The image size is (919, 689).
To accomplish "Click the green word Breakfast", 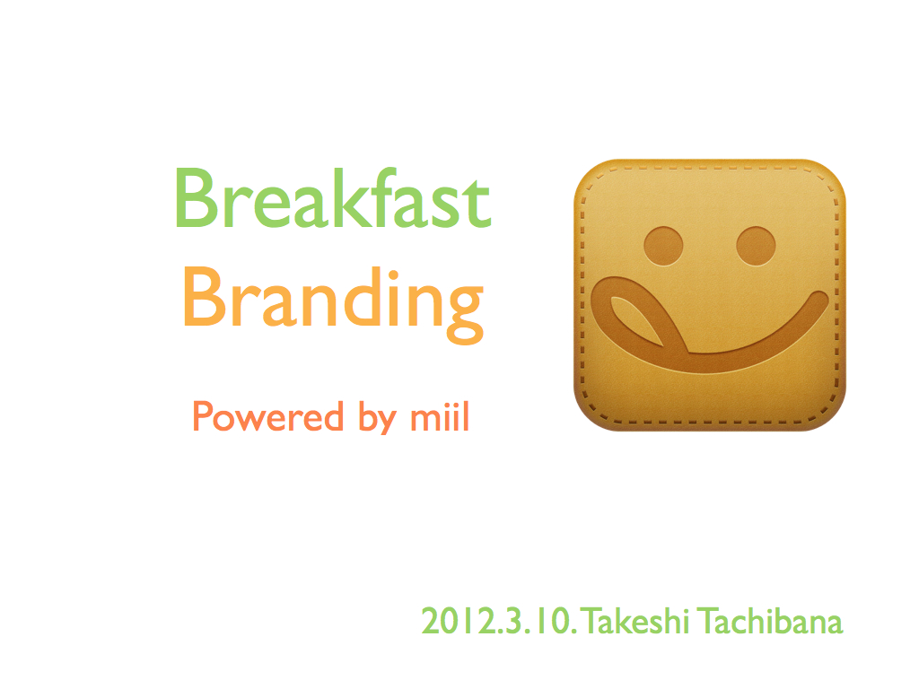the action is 332,198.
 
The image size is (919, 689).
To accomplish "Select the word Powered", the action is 267,416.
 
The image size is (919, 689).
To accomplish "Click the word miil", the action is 440,416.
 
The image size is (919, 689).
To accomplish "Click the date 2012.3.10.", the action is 499,622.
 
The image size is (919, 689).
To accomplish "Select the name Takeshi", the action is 636,621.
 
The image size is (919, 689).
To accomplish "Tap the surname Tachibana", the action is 771,621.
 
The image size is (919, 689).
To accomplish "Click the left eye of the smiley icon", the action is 663,246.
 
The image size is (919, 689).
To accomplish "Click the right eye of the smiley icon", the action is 756,246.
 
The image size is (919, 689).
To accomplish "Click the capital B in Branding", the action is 206,297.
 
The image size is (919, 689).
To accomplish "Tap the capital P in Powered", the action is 204,416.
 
